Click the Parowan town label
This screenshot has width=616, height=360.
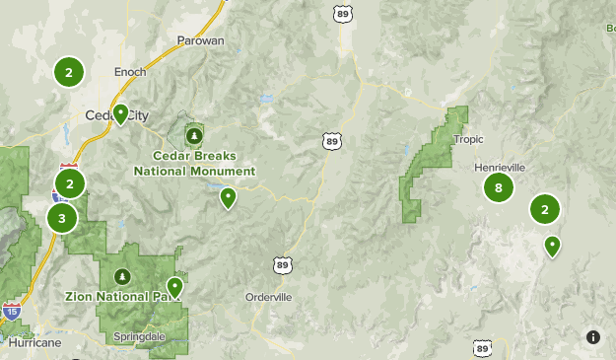(200, 40)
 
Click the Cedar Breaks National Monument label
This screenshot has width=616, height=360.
(194, 163)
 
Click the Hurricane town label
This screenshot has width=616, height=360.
(35, 343)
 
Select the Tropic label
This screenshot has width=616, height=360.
(468, 139)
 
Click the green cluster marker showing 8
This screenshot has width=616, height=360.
(499, 187)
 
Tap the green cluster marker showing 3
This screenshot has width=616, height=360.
(62, 218)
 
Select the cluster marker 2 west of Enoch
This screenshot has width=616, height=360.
(68, 72)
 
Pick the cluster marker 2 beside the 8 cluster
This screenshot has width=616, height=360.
(544, 209)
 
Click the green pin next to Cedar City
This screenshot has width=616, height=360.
(120, 114)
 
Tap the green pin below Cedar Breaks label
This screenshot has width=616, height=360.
(228, 198)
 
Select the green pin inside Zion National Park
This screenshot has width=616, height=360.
(174, 287)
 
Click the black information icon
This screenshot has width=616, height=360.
(592, 336)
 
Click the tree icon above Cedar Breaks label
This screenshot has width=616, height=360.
(194, 134)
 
